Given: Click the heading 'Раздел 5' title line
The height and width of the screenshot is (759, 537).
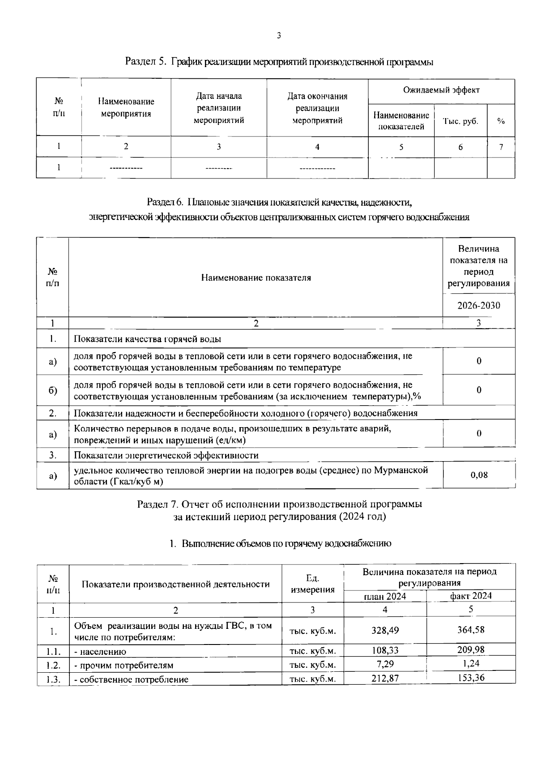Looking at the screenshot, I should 279,62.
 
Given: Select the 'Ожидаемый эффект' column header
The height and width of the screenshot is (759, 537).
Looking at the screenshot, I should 441,90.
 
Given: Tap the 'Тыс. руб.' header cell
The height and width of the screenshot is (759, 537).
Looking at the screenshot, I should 460,121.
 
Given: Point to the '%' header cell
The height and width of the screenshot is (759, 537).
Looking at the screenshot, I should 501,121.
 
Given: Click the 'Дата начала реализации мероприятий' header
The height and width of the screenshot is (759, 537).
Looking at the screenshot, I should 218,108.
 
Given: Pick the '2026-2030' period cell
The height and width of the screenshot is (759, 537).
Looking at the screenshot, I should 478,305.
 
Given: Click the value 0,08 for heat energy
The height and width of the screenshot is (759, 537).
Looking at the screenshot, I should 479,475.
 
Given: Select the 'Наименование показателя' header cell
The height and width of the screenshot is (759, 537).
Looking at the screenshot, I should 256,278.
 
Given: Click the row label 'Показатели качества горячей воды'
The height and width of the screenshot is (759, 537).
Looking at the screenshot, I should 147,339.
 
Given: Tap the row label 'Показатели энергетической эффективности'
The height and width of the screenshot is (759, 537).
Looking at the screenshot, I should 166,455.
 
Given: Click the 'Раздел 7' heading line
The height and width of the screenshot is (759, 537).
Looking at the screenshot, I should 279,504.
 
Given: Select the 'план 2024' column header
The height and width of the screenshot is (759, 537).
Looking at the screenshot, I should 385,596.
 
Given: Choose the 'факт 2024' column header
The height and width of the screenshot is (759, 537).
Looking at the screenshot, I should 471,596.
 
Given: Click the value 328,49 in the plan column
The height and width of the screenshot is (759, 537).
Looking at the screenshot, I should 385,631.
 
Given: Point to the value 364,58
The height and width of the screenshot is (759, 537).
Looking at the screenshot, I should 471,630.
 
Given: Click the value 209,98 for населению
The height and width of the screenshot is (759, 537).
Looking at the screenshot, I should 471,649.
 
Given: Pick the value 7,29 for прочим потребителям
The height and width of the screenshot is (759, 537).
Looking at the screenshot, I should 385,664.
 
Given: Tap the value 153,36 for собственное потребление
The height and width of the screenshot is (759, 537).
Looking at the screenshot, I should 471,678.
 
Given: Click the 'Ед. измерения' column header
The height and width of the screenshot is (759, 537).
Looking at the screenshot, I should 312,584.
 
